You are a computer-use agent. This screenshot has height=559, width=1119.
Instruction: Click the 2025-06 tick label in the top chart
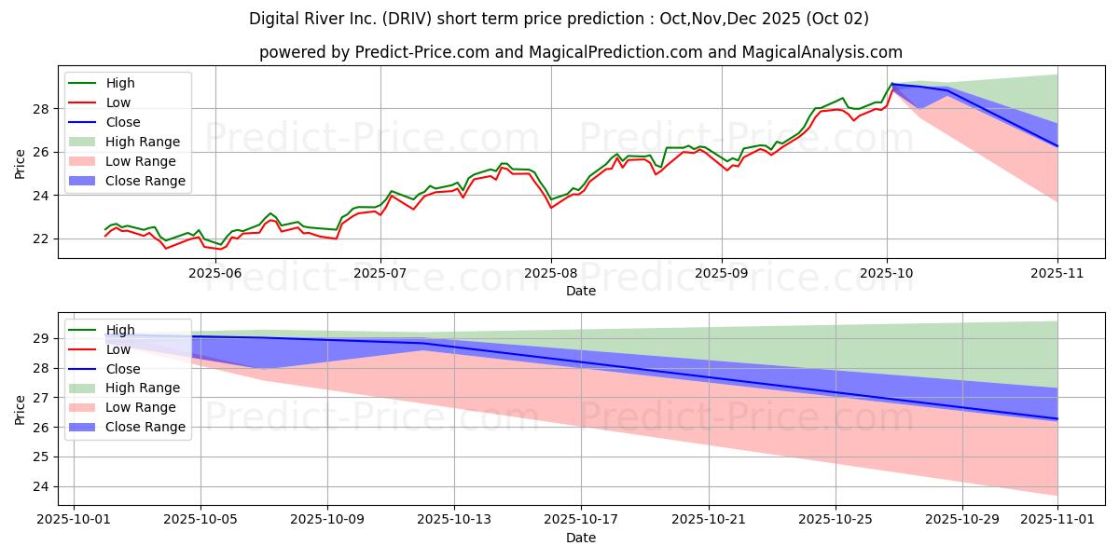click(x=215, y=273)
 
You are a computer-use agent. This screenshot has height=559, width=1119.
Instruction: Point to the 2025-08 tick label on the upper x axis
click(x=551, y=273)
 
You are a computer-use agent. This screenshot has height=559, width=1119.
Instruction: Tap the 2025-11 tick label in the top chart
click(x=1057, y=273)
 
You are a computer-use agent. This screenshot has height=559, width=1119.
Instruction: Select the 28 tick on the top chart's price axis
click(x=40, y=109)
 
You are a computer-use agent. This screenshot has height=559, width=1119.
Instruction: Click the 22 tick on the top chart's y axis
click(x=40, y=239)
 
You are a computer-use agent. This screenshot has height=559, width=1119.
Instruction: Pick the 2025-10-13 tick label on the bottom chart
click(x=454, y=520)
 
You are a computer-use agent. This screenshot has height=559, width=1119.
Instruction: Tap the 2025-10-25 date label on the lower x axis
click(x=836, y=520)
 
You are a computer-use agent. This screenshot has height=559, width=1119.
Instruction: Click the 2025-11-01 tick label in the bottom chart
click(x=1057, y=520)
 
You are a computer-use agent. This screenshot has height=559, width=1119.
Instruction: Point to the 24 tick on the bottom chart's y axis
click(x=40, y=486)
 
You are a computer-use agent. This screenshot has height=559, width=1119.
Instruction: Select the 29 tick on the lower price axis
click(x=40, y=339)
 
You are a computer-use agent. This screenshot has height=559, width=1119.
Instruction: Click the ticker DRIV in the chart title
click(x=409, y=19)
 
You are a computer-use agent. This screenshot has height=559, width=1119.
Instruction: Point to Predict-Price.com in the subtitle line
click(x=422, y=52)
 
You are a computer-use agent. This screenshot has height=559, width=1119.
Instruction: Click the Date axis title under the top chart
click(x=580, y=291)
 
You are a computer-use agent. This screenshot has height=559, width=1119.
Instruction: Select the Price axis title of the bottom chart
click(x=20, y=410)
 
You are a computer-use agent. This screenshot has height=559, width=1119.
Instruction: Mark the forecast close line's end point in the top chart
click(x=1057, y=146)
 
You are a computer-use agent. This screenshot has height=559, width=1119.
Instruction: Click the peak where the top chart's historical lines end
click(x=892, y=84)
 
